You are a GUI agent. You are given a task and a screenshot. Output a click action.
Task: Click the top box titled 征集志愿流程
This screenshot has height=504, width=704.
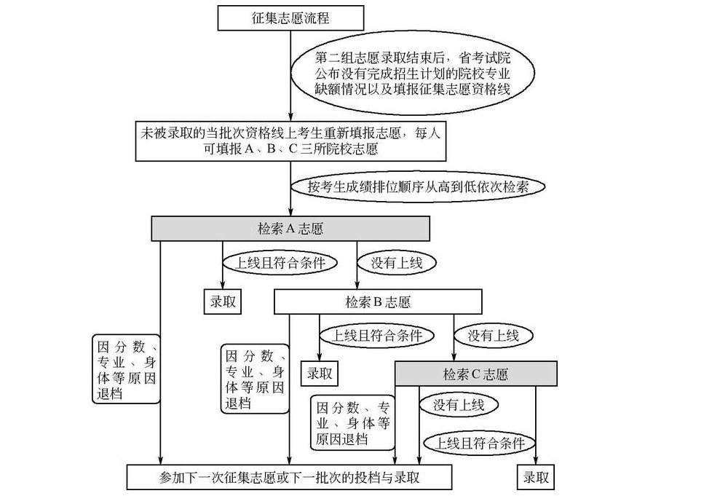click(290, 17)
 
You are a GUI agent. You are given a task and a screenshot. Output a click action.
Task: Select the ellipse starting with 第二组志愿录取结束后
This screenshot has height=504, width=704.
click(412, 73)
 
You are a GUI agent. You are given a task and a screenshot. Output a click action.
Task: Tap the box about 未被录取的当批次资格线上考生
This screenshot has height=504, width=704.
click(290, 141)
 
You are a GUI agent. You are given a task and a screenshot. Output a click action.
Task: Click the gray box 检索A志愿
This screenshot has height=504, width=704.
click(290, 228)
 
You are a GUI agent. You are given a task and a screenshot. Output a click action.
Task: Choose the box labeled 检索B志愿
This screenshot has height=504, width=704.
click(378, 301)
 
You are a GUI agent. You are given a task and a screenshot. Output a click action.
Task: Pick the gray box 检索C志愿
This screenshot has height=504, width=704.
click(475, 374)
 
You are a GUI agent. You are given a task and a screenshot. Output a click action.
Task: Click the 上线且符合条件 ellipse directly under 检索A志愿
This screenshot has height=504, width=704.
click(278, 263)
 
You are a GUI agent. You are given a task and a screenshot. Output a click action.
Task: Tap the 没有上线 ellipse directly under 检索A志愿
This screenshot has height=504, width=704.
click(396, 263)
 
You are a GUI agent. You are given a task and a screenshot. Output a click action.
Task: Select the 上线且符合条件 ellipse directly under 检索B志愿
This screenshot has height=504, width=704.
click(377, 336)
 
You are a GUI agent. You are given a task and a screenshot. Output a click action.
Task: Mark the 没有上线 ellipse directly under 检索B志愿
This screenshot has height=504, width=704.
click(493, 336)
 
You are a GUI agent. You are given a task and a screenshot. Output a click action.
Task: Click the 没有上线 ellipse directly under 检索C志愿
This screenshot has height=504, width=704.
click(459, 404)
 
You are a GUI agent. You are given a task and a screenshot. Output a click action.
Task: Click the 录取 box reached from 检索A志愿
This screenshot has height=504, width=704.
click(223, 302)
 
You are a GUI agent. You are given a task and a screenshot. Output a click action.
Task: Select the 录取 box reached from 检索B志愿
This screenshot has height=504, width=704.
click(319, 374)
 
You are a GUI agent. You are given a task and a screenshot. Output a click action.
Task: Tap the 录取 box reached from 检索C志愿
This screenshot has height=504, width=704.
click(535, 478)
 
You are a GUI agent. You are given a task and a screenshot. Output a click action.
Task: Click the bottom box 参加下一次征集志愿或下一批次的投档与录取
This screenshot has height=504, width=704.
click(290, 478)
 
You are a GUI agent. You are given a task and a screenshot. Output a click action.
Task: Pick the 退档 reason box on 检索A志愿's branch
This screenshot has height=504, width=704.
click(126, 369)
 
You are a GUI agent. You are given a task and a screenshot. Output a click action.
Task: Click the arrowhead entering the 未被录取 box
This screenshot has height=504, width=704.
click(290, 117)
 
